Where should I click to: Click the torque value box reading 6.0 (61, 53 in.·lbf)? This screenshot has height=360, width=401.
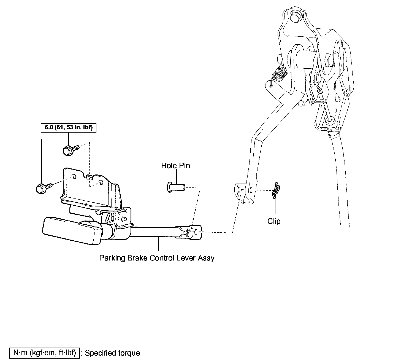click(x=69, y=128)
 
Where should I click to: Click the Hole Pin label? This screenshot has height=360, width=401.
click(x=175, y=166)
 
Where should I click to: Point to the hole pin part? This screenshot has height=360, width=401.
click(x=176, y=188)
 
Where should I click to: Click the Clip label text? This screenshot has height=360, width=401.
click(x=274, y=221)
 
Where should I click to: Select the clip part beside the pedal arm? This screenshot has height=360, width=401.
click(x=276, y=190)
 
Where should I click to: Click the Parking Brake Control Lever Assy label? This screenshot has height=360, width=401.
click(x=157, y=258)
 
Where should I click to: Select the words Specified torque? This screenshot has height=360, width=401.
click(x=112, y=353)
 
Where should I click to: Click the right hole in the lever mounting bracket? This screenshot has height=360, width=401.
click(x=101, y=182)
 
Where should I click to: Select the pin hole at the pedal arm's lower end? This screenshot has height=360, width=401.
click(x=251, y=190)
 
